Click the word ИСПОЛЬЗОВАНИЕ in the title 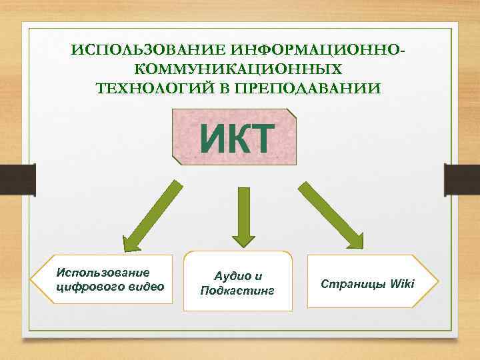[148, 51]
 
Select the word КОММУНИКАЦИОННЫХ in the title [239, 69]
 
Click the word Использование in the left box [103, 272]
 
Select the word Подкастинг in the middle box [237, 291]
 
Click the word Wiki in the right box [401, 284]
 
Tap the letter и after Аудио [259, 276]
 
